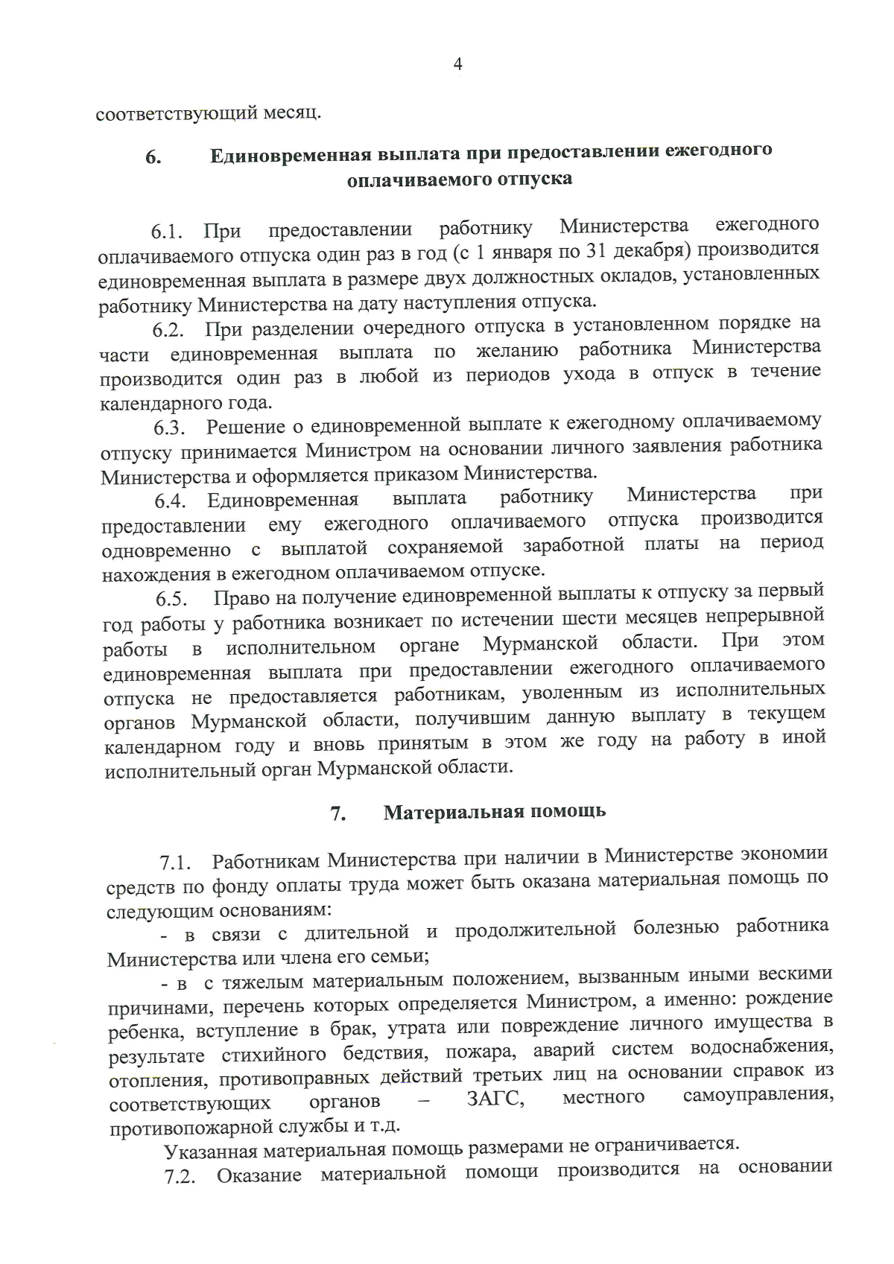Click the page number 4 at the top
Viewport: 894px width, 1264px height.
(x=457, y=65)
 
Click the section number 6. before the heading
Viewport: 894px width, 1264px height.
(x=153, y=157)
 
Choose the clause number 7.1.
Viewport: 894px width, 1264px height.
(x=176, y=864)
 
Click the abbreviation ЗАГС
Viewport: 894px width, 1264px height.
(x=495, y=1099)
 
